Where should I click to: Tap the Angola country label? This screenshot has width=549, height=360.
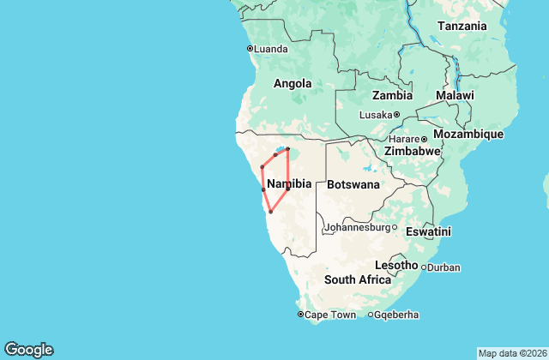[292, 84]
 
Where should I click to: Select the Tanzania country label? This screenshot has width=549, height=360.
[463, 26]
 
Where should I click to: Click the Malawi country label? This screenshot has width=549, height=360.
[455, 95]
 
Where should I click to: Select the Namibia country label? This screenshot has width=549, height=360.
[289, 184]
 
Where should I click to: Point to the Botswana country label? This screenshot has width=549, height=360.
[353, 184]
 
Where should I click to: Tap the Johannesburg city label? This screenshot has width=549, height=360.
[355, 228]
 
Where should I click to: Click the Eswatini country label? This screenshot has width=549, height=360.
[430, 231]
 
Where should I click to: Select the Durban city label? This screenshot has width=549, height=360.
[443, 267]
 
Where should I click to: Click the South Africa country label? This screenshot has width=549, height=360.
[358, 280]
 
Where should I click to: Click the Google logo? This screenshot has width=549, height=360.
[28, 349]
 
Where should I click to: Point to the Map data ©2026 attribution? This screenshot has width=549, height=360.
[511, 353]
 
